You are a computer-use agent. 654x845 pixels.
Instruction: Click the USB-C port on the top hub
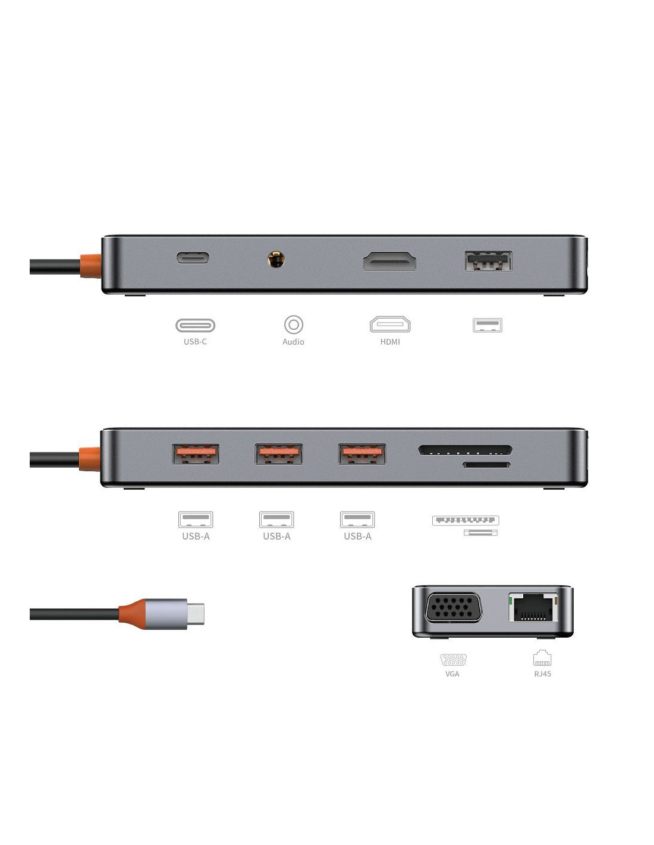click(x=193, y=257)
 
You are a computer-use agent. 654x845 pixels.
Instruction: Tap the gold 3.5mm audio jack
click(x=276, y=259)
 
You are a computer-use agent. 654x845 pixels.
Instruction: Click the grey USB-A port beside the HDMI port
click(x=488, y=260)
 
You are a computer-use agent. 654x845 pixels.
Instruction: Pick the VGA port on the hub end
click(x=453, y=607)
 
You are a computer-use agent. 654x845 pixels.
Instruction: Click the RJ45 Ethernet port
click(x=533, y=607)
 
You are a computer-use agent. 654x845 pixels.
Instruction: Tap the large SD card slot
click(x=465, y=450)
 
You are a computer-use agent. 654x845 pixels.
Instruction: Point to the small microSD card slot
click(x=486, y=465)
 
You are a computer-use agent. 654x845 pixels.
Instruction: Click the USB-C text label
click(x=195, y=342)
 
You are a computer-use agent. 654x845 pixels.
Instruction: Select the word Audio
click(x=293, y=342)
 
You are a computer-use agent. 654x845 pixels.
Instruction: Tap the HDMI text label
click(x=390, y=342)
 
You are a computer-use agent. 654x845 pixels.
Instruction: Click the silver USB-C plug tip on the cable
click(x=195, y=614)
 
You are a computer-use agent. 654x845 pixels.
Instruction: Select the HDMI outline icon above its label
click(x=390, y=324)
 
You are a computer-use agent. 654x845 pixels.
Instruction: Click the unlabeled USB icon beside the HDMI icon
click(x=488, y=324)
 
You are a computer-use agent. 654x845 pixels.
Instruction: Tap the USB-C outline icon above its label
click(x=195, y=325)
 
